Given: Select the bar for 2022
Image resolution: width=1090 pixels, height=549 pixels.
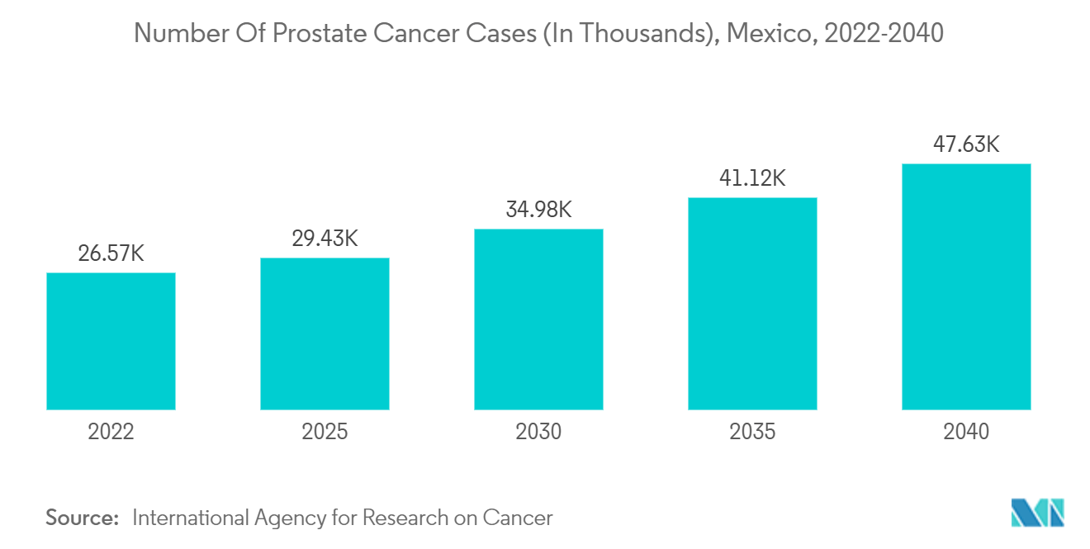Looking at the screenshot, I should click(111, 341).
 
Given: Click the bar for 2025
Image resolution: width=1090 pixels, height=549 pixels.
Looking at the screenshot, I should click(325, 334).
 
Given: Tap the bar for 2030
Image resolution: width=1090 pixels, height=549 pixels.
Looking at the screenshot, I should click(538, 319).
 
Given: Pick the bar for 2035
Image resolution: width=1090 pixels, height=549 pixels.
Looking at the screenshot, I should click(752, 303).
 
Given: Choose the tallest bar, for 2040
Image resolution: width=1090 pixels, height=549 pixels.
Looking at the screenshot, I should click(966, 286).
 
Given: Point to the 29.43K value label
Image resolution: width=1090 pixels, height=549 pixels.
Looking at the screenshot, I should click(325, 239).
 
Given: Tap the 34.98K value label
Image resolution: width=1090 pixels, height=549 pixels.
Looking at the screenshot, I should click(538, 210).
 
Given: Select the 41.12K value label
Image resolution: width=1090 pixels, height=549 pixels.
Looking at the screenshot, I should click(752, 177).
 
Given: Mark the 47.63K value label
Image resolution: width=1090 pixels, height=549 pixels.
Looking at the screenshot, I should click(966, 144).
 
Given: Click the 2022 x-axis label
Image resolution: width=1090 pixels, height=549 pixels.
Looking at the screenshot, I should click(111, 432).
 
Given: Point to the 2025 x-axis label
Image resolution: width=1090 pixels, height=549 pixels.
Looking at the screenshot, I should click(325, 432).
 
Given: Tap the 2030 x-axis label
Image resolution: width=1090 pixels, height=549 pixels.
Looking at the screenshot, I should click(538, 432).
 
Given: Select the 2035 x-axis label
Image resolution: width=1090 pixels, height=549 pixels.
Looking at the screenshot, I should click(752, 432).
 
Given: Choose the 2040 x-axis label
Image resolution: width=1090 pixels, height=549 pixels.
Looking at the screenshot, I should click(966, 432).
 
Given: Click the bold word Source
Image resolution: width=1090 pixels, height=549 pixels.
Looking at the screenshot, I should click(83, 518).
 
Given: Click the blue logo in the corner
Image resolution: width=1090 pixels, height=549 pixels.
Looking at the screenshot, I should click(1038, 513).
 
